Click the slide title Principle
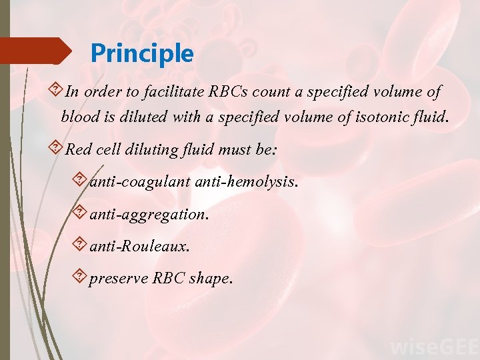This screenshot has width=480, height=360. tap(142, 53)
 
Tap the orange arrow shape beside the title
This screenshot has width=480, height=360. tap(37, 51)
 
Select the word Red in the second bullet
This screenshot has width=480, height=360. tap(79, 150)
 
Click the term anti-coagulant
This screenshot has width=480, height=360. tap(140, 182)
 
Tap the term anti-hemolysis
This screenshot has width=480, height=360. tap(246, 182)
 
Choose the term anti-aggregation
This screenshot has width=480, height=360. tap(148, 214)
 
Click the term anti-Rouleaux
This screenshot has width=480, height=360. tap(139, 246)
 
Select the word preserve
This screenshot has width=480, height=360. tap(118, 278)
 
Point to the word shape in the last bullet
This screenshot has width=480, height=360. tap(211, 278)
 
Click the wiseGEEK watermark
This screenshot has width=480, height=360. tap(433, 347)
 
